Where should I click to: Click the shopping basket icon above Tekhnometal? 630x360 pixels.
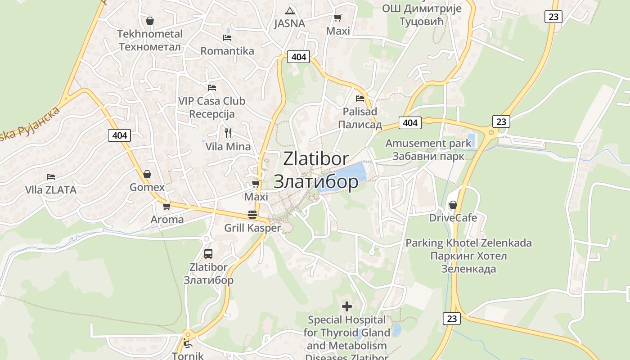[x=150, y=21]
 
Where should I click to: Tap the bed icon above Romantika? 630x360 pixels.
[x=227, y=38]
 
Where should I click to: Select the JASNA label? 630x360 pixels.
[x=289, y=23]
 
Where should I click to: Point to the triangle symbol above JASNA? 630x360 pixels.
[x=290, y=11]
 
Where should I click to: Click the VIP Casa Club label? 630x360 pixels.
[x=211, y=101]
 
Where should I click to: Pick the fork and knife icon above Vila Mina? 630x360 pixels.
[x=228, y=133]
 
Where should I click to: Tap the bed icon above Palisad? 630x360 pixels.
[x=360, y=98]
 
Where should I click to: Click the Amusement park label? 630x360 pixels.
[x=428, y=144]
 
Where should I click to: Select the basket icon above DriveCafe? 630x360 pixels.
[x=453, y=205]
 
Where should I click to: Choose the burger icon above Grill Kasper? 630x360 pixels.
[x=252, y=215]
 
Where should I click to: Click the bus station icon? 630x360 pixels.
[x=208, y=253]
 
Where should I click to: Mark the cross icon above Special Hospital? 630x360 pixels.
[x=347, y=306]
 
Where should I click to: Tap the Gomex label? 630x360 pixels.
[x=147, y=187]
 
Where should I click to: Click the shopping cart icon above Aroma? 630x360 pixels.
[x=166, y=207]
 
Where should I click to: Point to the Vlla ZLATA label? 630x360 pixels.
[x=51, y=190]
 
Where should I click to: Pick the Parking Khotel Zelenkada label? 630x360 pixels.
[x=468, y=243]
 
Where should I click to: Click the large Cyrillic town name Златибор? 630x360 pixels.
[x=316, y=181]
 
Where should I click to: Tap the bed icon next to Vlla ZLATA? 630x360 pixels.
[x=51, y=177]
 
